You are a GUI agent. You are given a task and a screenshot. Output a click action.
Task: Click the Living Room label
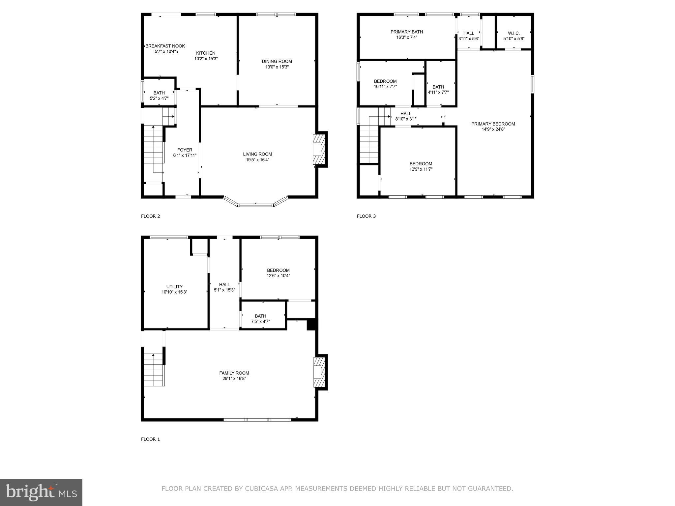click(x=257, y=154)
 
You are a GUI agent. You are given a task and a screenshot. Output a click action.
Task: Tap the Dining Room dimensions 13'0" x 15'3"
click(x=277, y=67)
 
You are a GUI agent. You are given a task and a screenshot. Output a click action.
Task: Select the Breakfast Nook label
click(x=165, y=46)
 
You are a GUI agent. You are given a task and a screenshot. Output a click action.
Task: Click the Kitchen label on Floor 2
click(x=206, y=53)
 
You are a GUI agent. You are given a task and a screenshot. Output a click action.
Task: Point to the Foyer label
click(x=185, y=150)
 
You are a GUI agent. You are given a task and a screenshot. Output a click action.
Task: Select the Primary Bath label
click(x=406, y=32)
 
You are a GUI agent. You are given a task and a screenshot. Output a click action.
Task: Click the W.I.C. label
click(x=514, y=33)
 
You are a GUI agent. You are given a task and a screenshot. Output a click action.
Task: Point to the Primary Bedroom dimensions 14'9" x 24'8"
click(x=493, y=129)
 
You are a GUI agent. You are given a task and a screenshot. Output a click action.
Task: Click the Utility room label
click(x=174, y=287)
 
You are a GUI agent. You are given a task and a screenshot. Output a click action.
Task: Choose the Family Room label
click(x=234, y=373)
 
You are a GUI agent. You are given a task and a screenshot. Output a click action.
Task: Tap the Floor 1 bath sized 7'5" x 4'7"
click(x=260, y=319)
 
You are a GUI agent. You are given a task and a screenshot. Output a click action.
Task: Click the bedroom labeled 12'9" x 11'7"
click(x=421, y=166)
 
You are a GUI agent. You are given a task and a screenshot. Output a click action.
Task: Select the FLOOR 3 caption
click(x=366, y=216)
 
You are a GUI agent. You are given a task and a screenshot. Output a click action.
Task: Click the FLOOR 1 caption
click(x=150, y=439)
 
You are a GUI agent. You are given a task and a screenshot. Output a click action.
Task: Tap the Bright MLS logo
click(x=41, y=492)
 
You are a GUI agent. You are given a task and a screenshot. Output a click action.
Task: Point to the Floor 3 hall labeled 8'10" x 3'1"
click(x=406, y=116)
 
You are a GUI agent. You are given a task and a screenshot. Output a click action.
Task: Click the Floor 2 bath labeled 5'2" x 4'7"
click(x=159, y=96)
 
